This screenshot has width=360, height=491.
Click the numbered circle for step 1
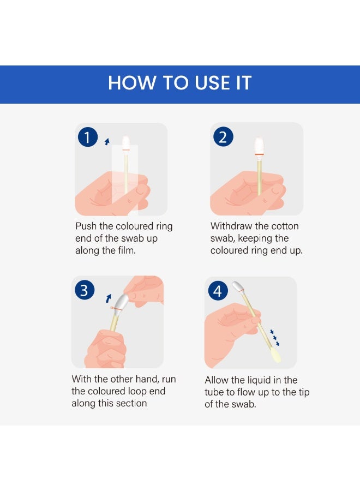88,137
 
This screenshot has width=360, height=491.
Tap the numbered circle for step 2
223,136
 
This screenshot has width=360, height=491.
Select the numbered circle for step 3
85,290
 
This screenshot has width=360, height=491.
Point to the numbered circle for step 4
218,291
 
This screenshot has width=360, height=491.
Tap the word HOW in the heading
132,83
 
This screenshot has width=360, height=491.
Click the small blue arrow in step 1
107,141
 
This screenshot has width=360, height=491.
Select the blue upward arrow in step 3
109,298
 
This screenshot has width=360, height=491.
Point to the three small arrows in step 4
275,338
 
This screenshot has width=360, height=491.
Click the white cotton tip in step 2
259,145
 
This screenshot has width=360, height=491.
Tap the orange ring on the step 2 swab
259,154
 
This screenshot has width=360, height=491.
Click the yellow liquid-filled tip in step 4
276,356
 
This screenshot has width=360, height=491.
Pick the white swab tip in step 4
238,286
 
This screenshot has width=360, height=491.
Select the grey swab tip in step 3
122,302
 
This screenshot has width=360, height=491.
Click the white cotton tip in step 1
126,143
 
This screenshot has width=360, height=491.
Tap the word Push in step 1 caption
86,226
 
